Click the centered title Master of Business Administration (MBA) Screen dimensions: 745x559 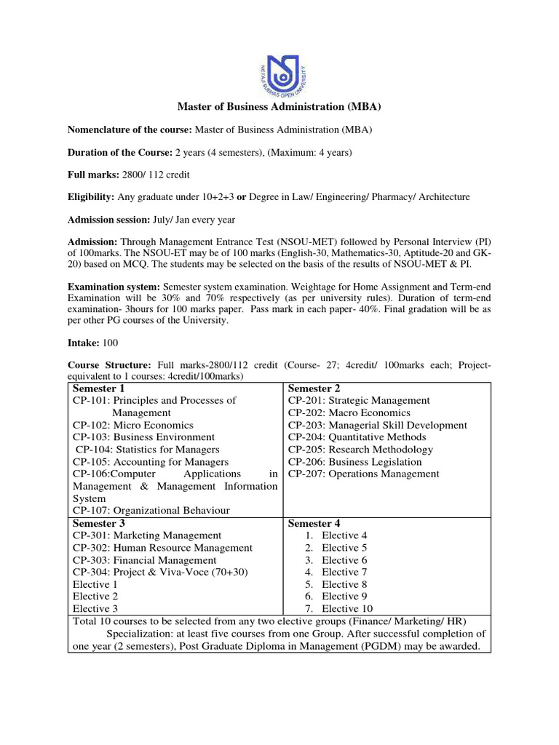(x=279, y=107)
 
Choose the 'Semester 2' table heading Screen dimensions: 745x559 (x=314, y=389)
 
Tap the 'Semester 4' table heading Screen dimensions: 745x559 (x=314, y=523)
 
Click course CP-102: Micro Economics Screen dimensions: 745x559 (x=132, y=425)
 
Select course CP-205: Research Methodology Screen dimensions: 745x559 (x=360, y=450)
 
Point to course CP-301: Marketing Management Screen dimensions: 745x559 (x=147, y=535)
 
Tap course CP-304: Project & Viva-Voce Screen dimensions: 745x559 (x=160, y=573)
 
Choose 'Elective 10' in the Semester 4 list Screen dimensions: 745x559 (x=350, y=609)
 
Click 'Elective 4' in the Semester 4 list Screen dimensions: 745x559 (x=344, y=535)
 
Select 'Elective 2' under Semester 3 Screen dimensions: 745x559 (x=95, y=597)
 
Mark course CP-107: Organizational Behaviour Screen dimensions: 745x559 (x=151, y=511)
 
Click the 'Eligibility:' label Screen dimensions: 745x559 (x=91, y=197)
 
